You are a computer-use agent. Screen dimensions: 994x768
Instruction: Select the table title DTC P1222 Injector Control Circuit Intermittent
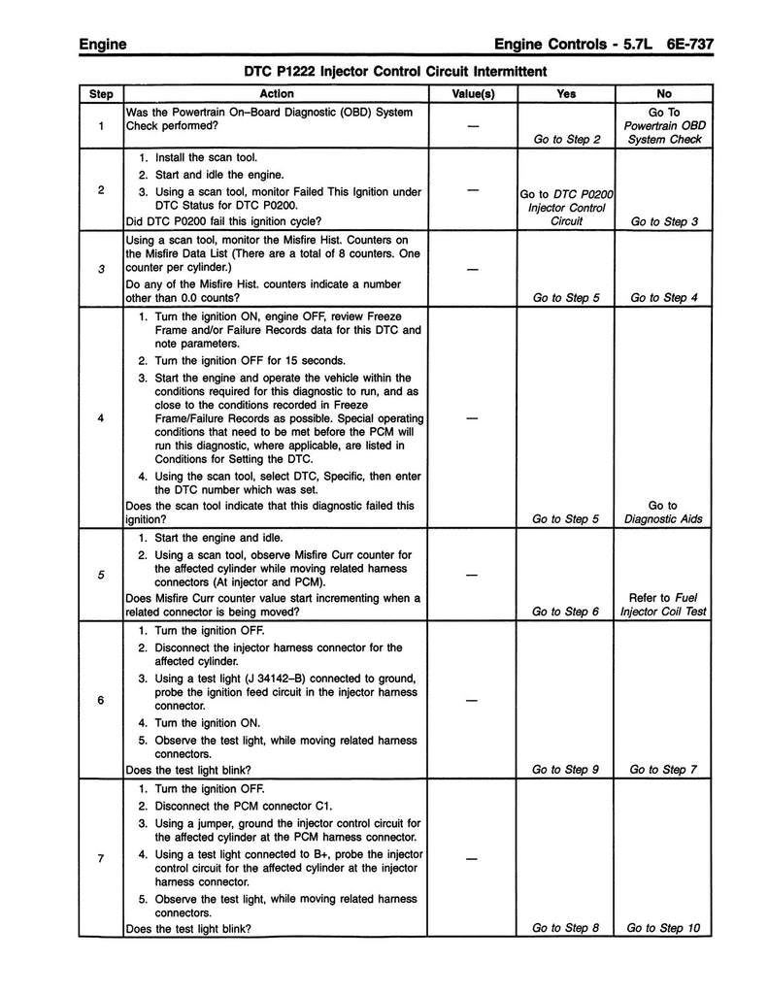tap(395, 71)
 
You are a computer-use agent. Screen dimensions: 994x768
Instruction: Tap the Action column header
tap(277, 94)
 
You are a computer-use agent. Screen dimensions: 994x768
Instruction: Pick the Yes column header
tap(567, 94)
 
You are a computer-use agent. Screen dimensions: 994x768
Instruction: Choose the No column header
tap(664, 94)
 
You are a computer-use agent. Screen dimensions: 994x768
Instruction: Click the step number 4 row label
tap(102, 418)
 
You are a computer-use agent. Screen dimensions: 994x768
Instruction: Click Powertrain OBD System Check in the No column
tap(665, 125)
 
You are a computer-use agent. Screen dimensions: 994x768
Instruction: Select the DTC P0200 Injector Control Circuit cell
tap(567, 207)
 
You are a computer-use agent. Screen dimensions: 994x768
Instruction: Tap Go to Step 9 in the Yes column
tap(567, 770)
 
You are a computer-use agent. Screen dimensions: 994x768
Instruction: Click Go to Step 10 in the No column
tap(664, 928)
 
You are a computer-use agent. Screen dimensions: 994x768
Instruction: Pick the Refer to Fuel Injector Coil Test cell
tap(665, 604)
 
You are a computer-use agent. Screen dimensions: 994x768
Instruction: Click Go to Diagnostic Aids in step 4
tap(664, 513)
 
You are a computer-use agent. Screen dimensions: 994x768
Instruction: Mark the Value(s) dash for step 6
tap(473, 700)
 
